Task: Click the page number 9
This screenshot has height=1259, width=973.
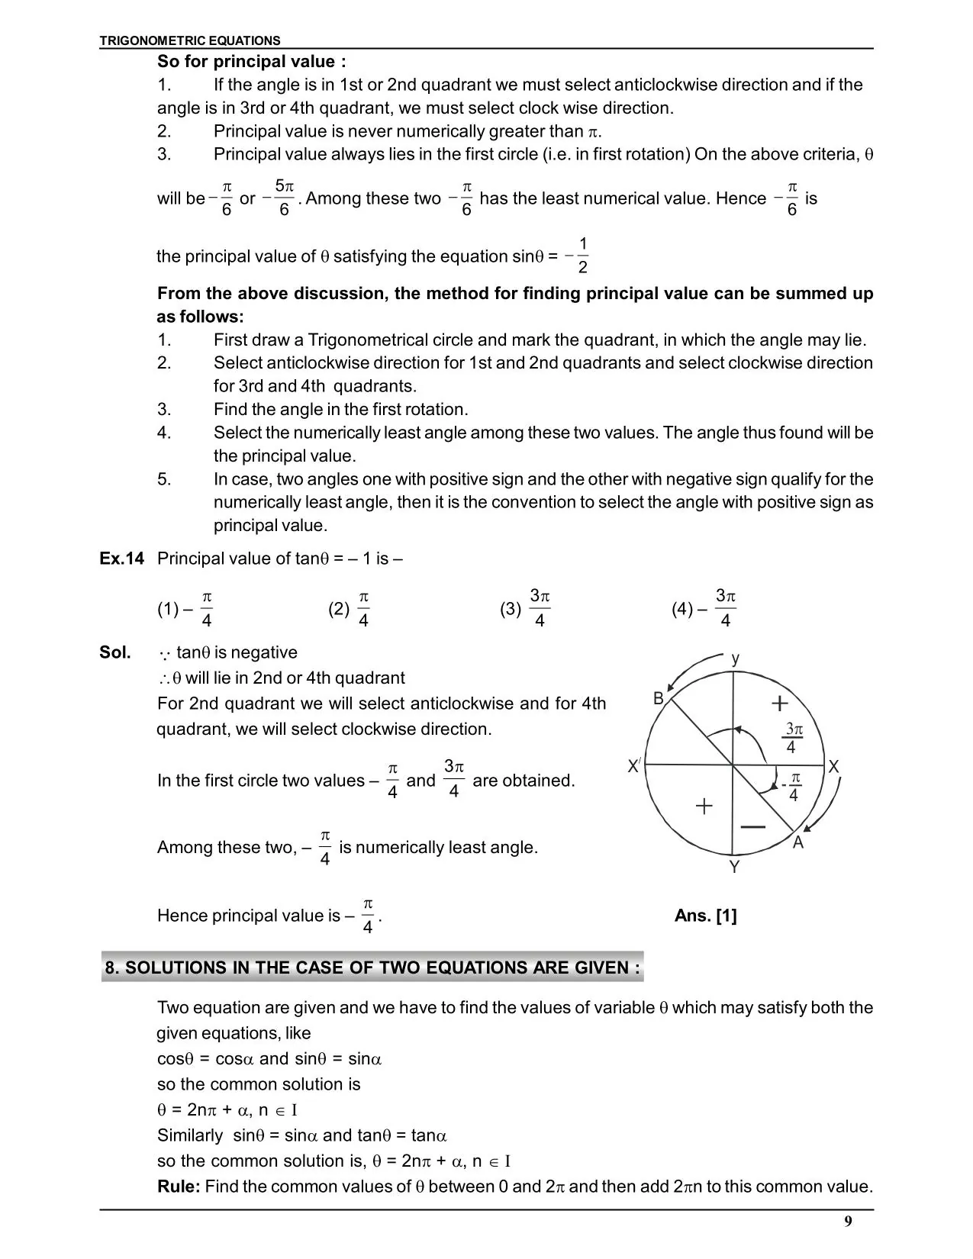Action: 848,1222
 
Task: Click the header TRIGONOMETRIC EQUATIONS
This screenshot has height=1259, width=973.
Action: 190,40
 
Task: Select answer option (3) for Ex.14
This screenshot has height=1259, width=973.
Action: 526,608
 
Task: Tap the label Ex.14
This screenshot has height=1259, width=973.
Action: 121,559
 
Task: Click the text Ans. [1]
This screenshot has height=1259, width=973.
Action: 705,916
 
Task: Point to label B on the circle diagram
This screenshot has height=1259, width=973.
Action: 659,698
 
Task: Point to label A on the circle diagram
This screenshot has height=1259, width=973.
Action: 798,842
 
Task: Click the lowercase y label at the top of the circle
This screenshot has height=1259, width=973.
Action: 735,658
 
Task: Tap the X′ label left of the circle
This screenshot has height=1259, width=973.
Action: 634,766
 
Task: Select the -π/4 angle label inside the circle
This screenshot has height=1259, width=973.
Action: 791,787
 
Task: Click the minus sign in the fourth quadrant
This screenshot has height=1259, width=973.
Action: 753,827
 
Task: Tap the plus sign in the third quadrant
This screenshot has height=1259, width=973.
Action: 704,806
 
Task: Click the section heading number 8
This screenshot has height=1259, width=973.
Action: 111,968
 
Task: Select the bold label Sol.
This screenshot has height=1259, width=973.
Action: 115,652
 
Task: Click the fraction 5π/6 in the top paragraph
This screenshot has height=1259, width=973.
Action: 282,198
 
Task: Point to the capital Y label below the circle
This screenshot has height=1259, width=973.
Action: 734,867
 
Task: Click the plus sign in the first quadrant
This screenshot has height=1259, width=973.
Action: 779,703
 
